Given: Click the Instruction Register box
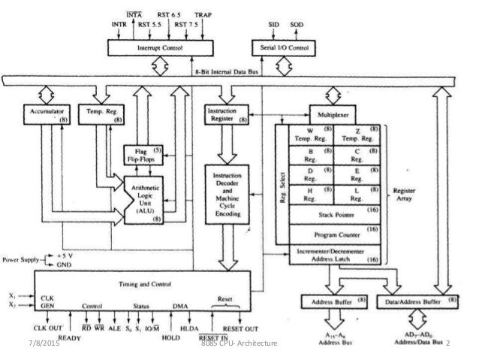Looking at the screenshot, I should pyautogui.click(x=224, y=113).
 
